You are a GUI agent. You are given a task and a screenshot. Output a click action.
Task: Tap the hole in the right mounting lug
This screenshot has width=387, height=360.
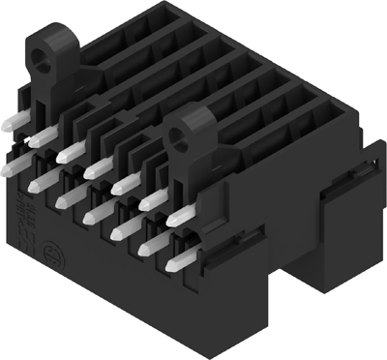pos(180,135)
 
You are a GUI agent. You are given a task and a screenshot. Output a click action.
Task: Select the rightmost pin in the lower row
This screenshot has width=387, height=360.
pos(178,260)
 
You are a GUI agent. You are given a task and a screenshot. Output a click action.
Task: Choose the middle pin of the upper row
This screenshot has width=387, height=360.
pos(96,170)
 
